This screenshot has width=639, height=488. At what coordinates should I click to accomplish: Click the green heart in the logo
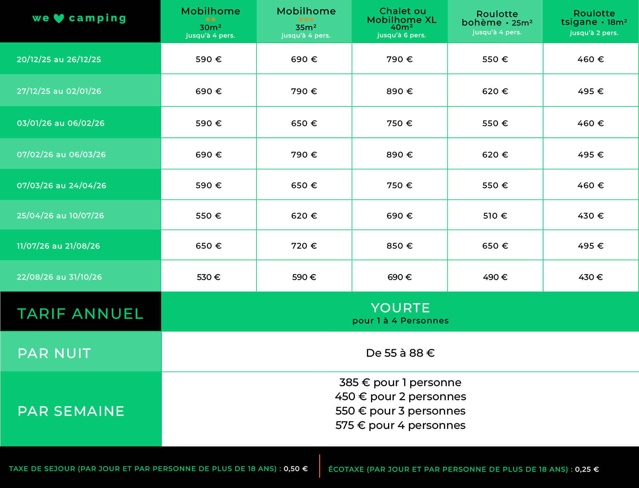pos(59,18)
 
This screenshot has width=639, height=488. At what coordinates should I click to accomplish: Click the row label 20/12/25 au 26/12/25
pos(59,59)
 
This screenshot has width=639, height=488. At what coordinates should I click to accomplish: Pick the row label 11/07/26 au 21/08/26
pos(58,246)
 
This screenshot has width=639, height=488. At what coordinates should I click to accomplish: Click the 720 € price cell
pos(304,246)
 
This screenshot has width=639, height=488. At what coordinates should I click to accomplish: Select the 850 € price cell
pos(399,246)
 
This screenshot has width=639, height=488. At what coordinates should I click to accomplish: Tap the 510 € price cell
pos(495,216)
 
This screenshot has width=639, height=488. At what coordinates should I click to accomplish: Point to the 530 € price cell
pos(209,277)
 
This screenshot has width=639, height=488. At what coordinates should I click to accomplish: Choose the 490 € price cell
pos(495,277)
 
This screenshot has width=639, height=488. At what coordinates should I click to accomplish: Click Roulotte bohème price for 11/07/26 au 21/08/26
pos(495,246)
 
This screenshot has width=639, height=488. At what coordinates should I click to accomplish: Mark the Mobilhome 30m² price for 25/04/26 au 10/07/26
pos(209,216)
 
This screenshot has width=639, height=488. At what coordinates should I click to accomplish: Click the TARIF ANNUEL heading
pos(80,314)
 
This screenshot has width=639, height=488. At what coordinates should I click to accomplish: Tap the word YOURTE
pos(400,308)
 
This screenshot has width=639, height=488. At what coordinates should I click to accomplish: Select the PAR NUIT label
pos(54,353)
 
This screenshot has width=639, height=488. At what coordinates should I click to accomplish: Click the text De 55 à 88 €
pos(400,353)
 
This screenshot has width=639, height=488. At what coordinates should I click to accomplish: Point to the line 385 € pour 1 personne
pos(400,382)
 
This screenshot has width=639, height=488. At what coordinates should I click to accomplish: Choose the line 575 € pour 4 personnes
pos(400,425)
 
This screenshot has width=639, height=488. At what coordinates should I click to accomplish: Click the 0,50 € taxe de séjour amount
pos(295,469)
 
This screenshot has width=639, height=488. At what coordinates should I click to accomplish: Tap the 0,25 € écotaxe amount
pos(587,469)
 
